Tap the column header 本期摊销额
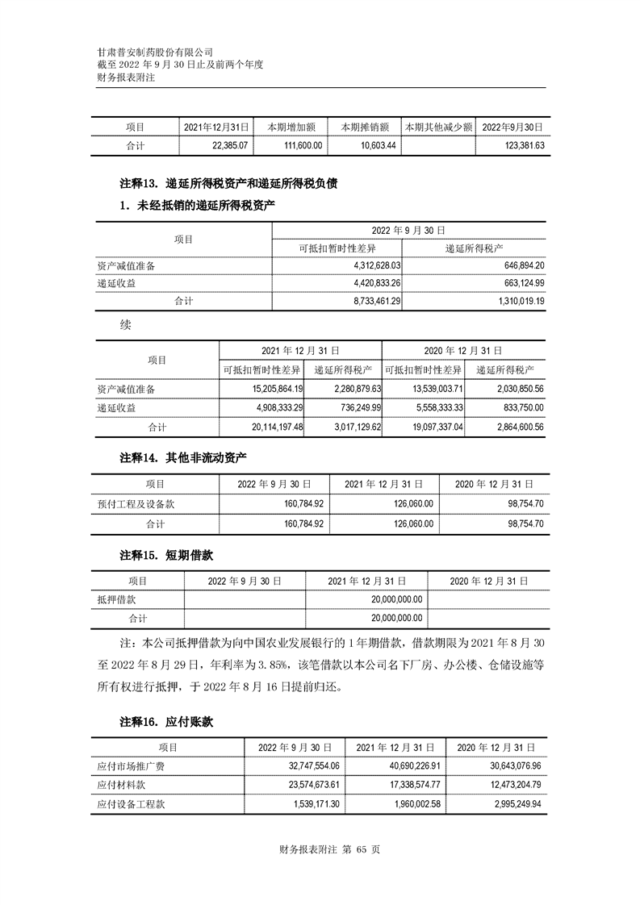(x=365, y=127)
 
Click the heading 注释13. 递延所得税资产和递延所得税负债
(x=228, y=184)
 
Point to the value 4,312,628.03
(x=378, y=265)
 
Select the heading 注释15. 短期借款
(x=166, y=556)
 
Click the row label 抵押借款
(x=116, y=600)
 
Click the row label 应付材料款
(x=121, y=785)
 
